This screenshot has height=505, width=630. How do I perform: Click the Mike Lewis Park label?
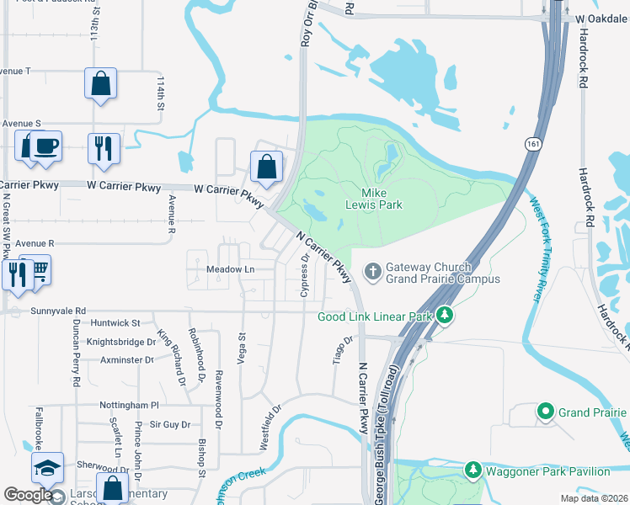(374, 198)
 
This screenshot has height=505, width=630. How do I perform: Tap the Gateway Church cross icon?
(372, 271)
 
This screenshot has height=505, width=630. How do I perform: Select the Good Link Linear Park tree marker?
(445, 316)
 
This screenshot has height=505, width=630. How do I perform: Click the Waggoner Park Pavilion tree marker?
(472, 471)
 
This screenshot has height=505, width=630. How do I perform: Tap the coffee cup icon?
(45, 146)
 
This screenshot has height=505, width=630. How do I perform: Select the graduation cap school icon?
(48, 468)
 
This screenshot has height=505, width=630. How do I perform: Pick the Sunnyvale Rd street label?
(58, 311)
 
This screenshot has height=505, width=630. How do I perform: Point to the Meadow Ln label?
(230, 269)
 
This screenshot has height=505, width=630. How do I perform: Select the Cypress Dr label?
(304, 277)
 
